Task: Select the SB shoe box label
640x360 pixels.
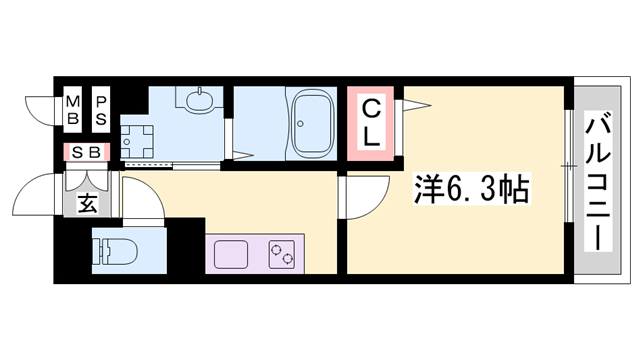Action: pyautogui.click(x=86, y=153)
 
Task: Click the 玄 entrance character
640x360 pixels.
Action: pyautogui.click(x=87, y=205)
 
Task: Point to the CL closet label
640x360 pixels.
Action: pyautogui.click(x=370, y=122)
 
